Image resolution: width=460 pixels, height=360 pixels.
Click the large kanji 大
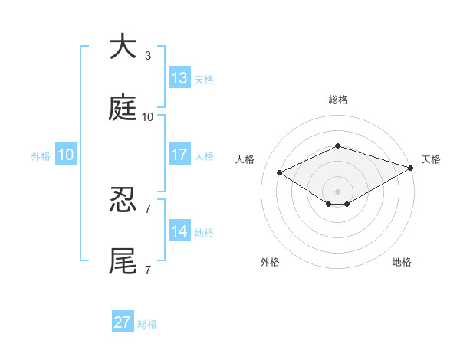coord(123,46)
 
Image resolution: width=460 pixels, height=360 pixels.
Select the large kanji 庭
coord(123,107)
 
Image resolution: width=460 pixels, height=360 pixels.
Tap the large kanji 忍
coord(123,199)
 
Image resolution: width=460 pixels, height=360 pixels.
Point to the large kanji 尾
coord(123,260)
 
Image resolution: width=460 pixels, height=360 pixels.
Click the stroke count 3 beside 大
coord(148,56)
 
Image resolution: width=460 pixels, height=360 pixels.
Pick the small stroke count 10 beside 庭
coord(147,117)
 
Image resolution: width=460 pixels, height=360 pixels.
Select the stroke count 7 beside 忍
coord(148,209)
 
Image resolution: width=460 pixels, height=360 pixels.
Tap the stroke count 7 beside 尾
coord(148,270)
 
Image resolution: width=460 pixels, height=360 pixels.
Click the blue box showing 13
coord(179,77)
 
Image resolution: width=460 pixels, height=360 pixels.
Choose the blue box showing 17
coord(179,154)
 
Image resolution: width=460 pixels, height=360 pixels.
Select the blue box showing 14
coord(179,230)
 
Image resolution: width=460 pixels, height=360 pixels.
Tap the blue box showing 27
coord(123,321)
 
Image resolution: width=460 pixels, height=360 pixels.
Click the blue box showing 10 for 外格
coord(66,154)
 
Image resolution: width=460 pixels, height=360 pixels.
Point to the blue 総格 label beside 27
coord(147,324)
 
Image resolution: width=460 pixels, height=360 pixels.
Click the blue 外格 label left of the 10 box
coord(41,156)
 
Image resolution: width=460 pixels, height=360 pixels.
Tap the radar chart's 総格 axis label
coord(338,100)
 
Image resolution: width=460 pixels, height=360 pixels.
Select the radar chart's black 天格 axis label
coord(431,159)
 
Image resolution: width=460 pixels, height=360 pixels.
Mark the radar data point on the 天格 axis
coord(411,168)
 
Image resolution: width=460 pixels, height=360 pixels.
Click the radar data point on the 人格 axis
coord(280,172)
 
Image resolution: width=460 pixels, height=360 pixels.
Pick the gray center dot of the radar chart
coord(337,191)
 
